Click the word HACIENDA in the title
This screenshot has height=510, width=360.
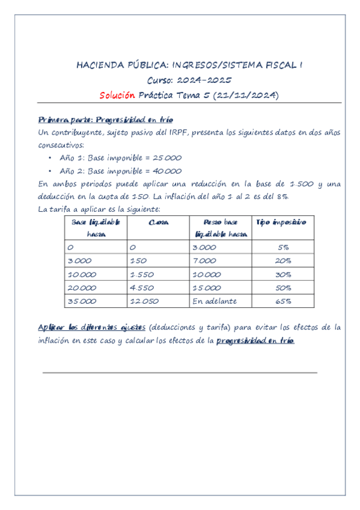tap(99, 66)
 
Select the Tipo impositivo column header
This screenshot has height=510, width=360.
tap(281, 223)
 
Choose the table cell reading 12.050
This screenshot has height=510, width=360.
tap(144, 301)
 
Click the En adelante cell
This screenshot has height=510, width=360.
tap(215, 301)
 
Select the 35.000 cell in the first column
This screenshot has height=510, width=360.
tap(82, 301)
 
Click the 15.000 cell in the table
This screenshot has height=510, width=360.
tap(207, 287)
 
